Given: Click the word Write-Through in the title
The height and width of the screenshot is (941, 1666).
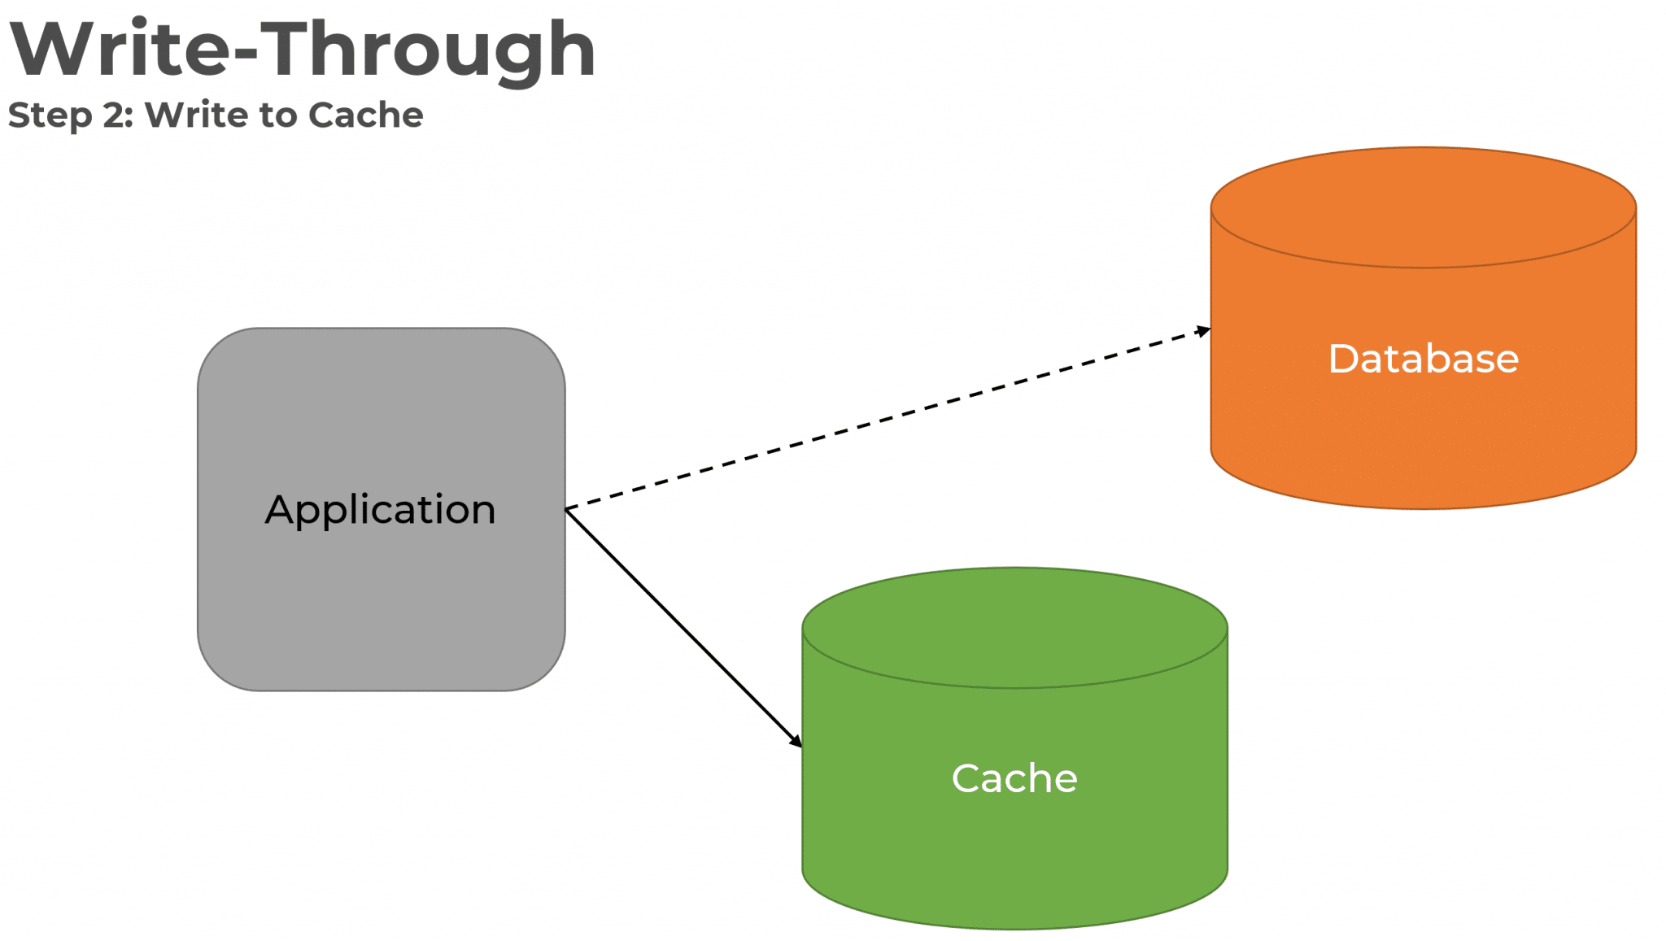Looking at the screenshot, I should [x=303, y=50].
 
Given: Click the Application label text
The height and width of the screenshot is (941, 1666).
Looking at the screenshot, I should [x=380, y=510].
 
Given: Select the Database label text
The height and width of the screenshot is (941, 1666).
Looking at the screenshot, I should [x=1423, y=359].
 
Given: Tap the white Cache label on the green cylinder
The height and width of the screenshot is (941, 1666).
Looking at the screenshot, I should [x=1014, y=778].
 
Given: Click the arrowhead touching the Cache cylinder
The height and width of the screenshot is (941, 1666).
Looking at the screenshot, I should [x=796, y=740].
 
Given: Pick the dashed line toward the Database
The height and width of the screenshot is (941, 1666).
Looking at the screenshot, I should [x=887, y=419].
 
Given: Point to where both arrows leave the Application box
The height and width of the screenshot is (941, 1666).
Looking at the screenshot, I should [x=567, y=509].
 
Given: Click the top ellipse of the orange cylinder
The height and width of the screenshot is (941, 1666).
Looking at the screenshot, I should [x=1423, y=207].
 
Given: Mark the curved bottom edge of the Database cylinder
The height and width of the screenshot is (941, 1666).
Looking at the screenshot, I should [x=1423, y=508].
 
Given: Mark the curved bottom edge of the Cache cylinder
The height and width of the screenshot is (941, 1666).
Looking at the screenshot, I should [x=1014, y=927].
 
